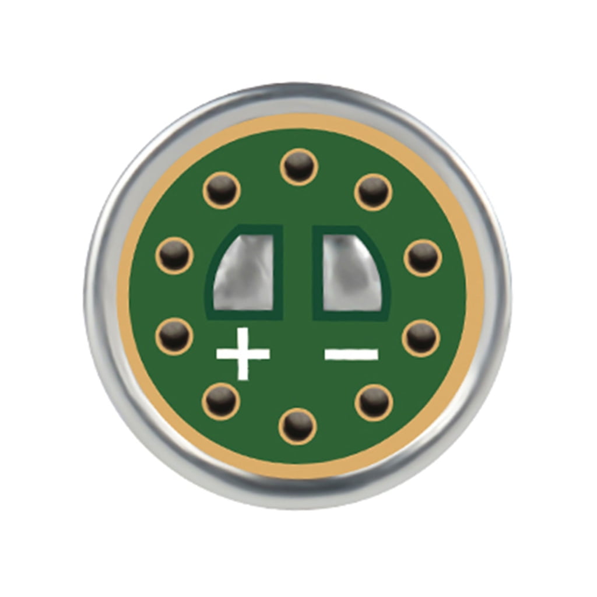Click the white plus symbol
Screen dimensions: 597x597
[x=243, y=353]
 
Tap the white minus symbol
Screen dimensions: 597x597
[x=352, y=354]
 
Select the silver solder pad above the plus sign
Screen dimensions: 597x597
[x=244, y=271]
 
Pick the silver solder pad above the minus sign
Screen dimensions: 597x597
[x=350, y=271]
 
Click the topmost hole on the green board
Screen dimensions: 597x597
[x=298, y=167]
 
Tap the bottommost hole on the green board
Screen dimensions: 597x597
[x=297, y=426]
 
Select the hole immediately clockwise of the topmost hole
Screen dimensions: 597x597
[x=373, y=191]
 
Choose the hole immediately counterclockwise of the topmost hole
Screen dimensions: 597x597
[x=222, y=190]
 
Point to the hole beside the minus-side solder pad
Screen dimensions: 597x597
[x=422, y=257]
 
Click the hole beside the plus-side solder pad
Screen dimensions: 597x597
[x=174, y=255]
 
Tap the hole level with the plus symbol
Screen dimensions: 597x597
[x=174, y=336]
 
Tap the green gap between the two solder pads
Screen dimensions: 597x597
[x=298, y=271]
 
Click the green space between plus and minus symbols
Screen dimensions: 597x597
[x=297, y=354]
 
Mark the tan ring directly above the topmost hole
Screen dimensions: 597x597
[x=298, y=122]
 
